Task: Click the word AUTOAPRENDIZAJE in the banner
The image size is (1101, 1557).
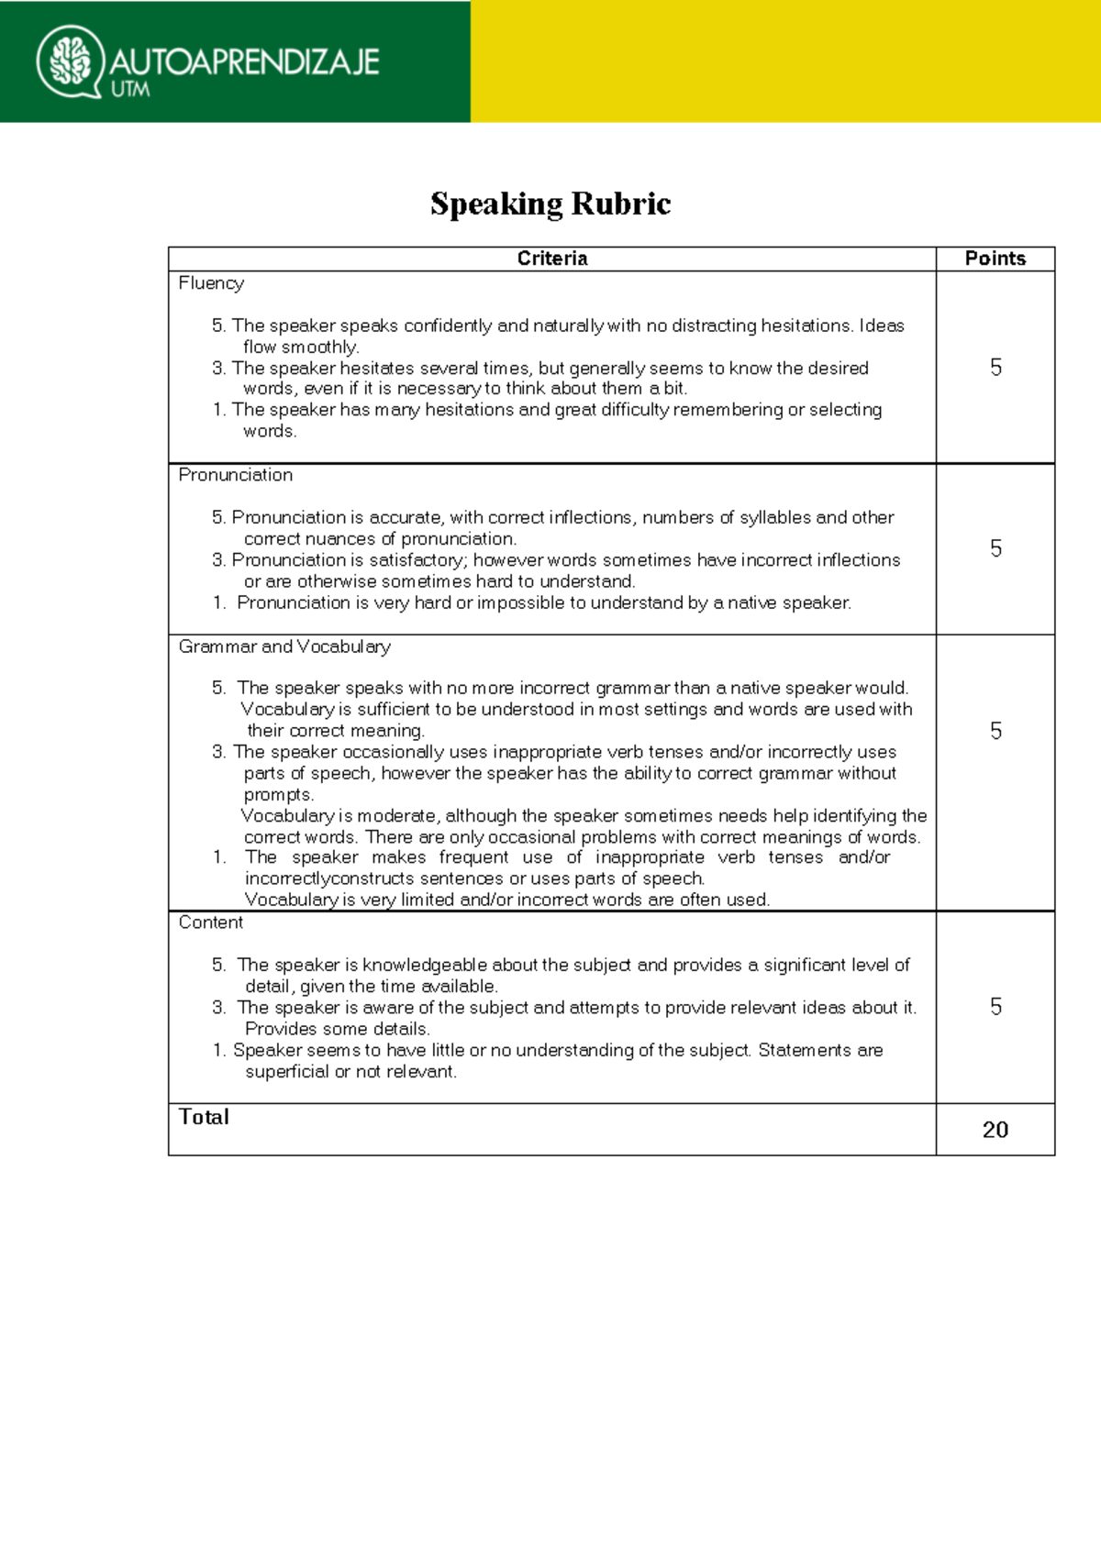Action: pyautogui.click(x=244, y=61)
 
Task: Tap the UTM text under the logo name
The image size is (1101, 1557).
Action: pyautogui.click(x=129, y=90)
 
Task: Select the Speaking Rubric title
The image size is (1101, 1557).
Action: pyautogui.click(x=550, y=204)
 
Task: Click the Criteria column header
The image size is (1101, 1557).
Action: pyautogui.click(x=551, y=259)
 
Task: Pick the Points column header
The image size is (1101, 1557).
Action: pyautogui.click(x=995, y=259)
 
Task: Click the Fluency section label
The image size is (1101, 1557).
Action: pyautogui.click(x=211, y=283)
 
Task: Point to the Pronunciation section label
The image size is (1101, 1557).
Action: pyautogui.click(x=236, y=475)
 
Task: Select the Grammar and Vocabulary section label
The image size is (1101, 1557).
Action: pyautogui.click(x=284, y=646)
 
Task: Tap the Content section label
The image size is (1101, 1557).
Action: pyautogui.click(x=211, y=922)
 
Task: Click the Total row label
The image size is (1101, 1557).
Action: pyautogui.click(x=204, y=1117)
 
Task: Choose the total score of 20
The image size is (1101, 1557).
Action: pyautogui.click(x=995, y=1130)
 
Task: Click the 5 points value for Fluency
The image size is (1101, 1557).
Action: pyautogui.click(x=995, y=368)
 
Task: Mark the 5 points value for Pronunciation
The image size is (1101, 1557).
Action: pyautogui.click(x=995, y=548)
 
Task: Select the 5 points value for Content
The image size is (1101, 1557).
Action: pyautogui.click(x=995, y=1007)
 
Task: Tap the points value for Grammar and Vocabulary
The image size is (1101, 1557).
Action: pyautogui.click(x=995, y=731)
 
